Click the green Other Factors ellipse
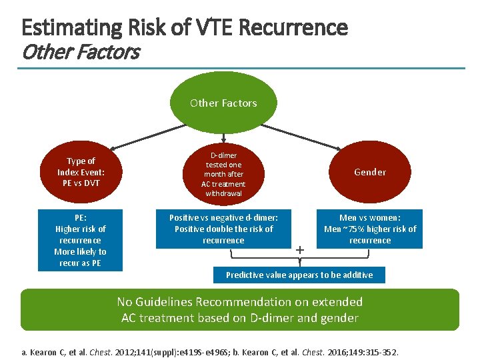223,103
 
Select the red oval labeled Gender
370,172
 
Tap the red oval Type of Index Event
81,172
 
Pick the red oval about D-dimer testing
223,174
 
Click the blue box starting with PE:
81,240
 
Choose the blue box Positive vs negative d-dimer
223,229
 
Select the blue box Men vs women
370,229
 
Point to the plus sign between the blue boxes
300,249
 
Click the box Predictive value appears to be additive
299,275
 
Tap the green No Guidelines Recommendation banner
240,310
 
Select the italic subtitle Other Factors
80,52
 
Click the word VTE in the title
213,28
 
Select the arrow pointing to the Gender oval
333,146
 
